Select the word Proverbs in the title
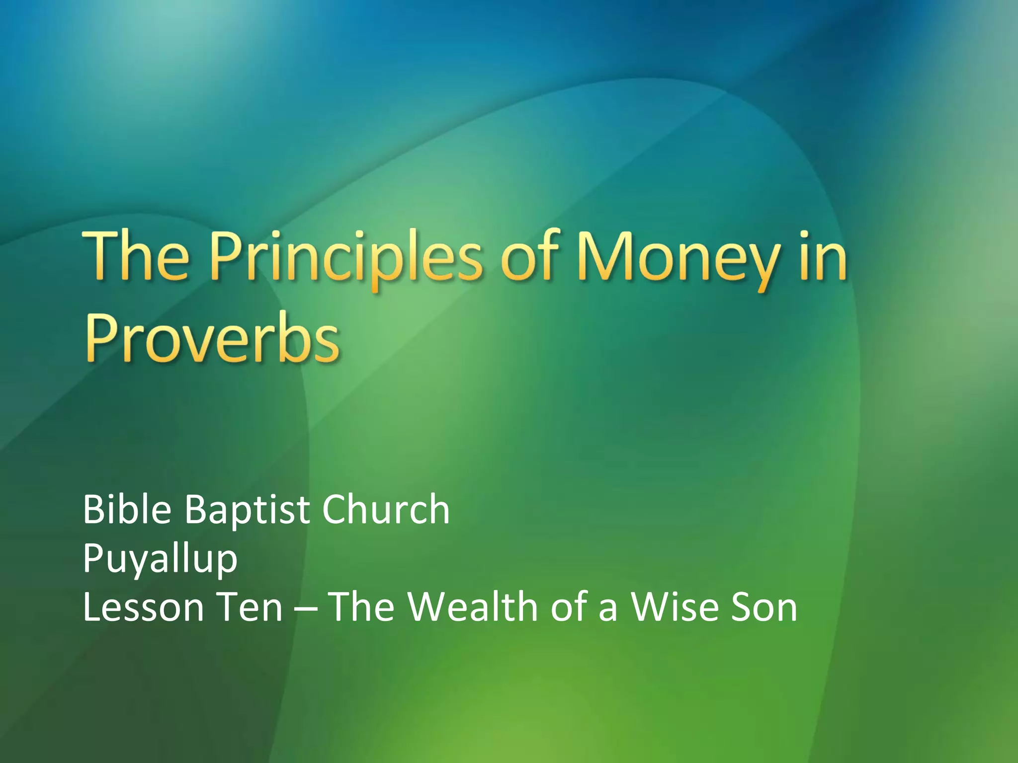tap(213, 339)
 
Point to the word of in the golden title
tap(529, 258)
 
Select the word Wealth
tap(473, 607)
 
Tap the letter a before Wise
tap(608, 610)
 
